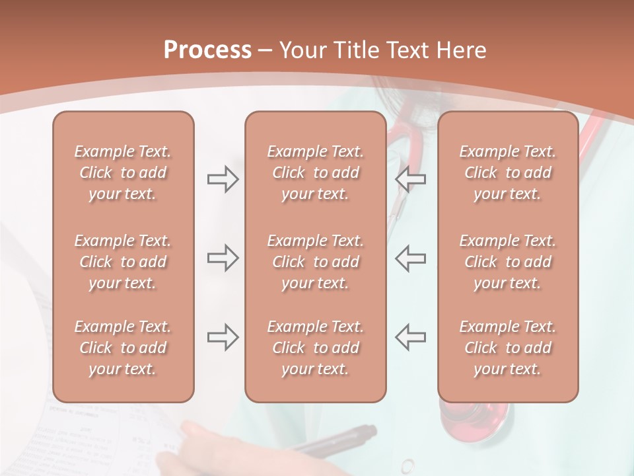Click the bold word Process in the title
pos(207,50)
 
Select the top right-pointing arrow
pos(223,179)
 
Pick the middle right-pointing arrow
pos(223,258)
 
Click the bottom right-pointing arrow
pos(223,337)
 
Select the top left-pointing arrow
pos(411,179)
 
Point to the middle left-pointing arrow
pos(411,258)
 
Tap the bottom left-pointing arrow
pos(411,337)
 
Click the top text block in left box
pos(123,173)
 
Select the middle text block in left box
pos(123,262)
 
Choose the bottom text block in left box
pos(123,348)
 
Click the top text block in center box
pos(316,173)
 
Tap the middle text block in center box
pos(316,262)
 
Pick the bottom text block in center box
pos(316,348)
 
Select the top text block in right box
pos(508,173)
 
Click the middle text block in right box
pos(508,262)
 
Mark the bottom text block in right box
pos(508,348)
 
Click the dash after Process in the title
pos(265,52)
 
